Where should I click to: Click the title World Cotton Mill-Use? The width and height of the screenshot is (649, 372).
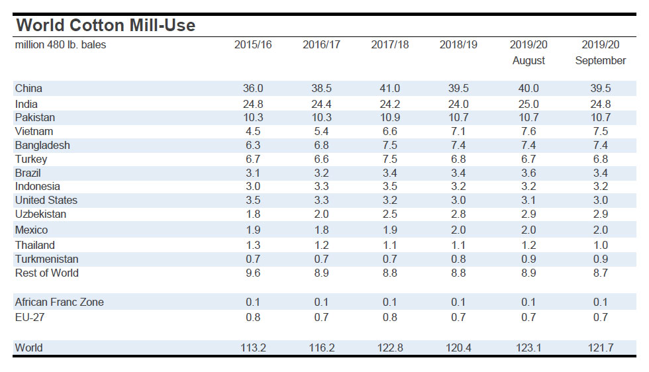click(x=105, y=26)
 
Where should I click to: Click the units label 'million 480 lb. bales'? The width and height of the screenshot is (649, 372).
click(x=60, y=45)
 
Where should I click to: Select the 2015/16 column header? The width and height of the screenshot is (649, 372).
click(x=253, y=45)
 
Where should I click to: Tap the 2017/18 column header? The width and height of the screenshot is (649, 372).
click(x=389, y=45)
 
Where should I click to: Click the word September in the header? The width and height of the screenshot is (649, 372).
click(x=600, y=61)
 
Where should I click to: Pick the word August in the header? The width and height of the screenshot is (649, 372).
click(x=528, y=61)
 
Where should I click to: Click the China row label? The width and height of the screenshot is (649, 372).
click(x=28, y=89)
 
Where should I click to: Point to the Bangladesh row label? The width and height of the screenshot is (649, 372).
click(x=42, y=145)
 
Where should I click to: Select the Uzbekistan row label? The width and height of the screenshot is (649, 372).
click(x=41, y=214)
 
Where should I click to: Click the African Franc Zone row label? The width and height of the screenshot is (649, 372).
click(x=59, y=302)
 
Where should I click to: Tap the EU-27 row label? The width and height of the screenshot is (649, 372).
click(x=29, y=318)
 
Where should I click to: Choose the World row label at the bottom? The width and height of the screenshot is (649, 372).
click(x=28, y=348)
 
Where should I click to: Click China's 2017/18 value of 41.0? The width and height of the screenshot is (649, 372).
click(x=389, y=89)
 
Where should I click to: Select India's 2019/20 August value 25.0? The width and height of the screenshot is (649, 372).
click(x=528, y=105)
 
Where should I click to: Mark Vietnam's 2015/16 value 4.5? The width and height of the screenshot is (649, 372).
click(x=253, y=131)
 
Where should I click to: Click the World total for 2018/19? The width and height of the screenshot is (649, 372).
click(x=458, y=348)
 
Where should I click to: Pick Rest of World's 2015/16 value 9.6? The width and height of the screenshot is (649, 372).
click(x=253, y=273)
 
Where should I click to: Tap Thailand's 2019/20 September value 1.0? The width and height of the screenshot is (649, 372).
click(x=600, y=246)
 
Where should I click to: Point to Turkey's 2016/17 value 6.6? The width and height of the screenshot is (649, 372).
click(x=321, y=160)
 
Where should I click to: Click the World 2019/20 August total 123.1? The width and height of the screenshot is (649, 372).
click(x=528, y=348)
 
